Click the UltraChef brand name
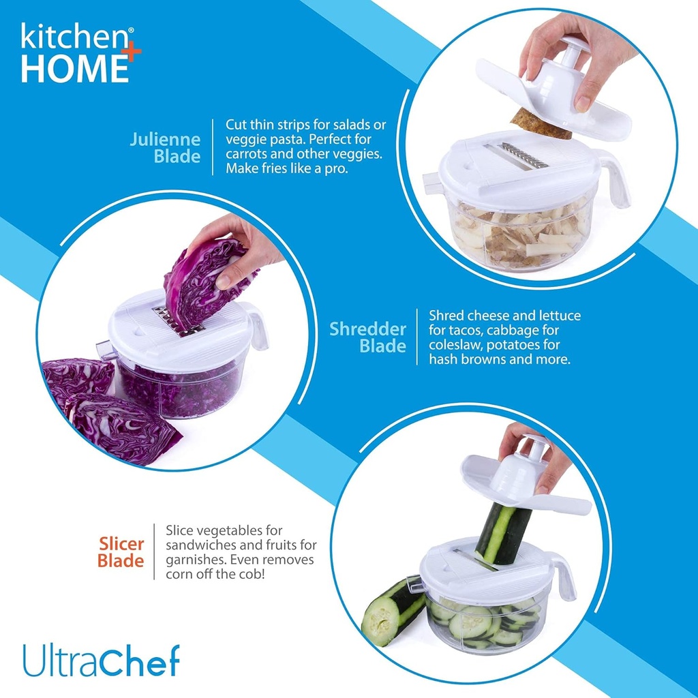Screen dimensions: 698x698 coord(101,660)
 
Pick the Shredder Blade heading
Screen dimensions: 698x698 coord(368,337)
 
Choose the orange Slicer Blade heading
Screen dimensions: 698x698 coord(121,552)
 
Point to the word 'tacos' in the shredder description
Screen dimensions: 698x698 coord(470,330)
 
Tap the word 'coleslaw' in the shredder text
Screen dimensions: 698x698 coord(455,344)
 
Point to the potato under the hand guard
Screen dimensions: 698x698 coord(540,123)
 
